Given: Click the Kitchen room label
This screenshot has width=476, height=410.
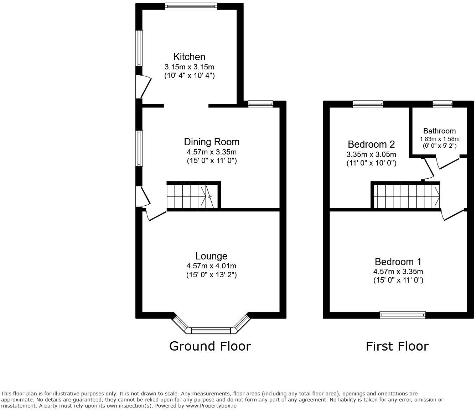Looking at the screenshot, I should [x=189, y=57].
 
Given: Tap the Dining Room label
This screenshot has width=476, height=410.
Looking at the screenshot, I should [x=212, y=142].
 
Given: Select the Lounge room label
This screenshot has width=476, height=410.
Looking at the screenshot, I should [x=211, y=256].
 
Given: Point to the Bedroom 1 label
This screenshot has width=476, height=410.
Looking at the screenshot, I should [x=398, y=262].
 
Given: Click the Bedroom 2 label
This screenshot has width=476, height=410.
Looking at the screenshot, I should [x=371, y=144].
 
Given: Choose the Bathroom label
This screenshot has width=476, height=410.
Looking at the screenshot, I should [x=439, y=131].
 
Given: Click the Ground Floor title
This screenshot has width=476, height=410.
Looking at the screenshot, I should [x=210, y=346].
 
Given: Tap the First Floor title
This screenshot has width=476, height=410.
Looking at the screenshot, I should [x=397, y=346].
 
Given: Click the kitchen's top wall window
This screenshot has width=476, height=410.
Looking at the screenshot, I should [x=191, y=6].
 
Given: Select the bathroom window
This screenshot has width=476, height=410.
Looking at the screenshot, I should [x=443, y=104].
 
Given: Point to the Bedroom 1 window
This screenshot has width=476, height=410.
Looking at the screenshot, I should [x=402, y=315].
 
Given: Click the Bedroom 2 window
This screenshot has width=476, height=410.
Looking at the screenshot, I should [x=368, y=104].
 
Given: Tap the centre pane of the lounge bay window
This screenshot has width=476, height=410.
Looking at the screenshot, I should [x=211, y=331].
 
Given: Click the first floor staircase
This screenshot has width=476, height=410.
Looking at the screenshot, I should [x=406, y=196].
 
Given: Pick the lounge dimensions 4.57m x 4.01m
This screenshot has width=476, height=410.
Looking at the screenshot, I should [x=211, y=266].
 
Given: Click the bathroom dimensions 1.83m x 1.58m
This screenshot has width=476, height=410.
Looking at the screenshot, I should [x=439, y=139].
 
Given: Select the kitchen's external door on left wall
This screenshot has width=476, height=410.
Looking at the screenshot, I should [x=142, y=86].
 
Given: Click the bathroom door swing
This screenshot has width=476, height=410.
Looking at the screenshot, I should [x=447, y=163].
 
